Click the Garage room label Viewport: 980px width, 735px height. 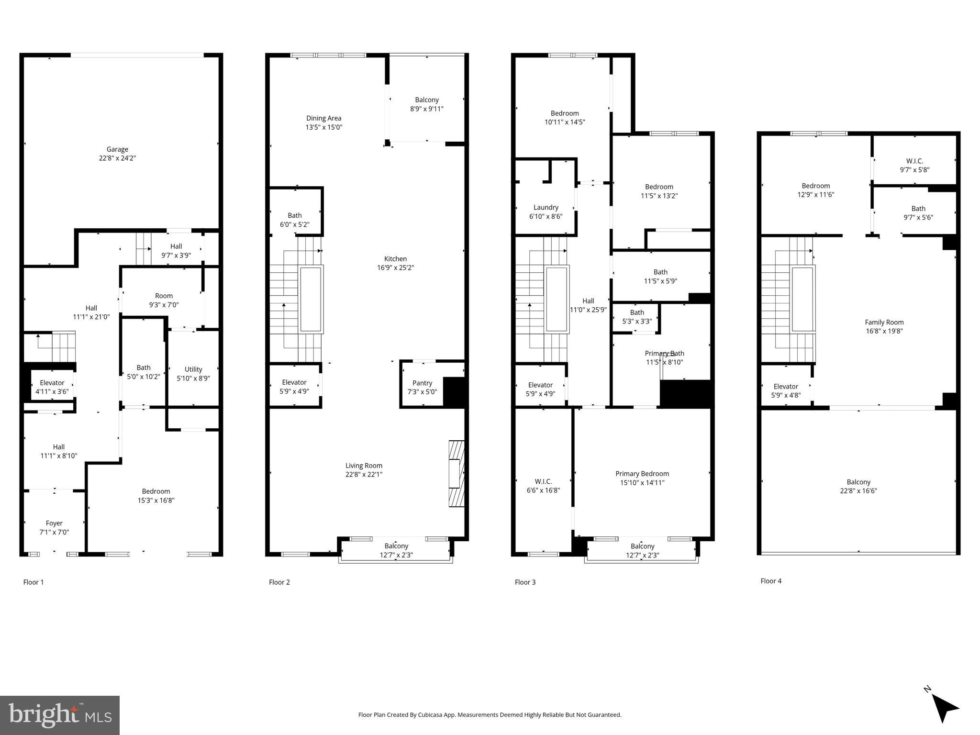[117, 149]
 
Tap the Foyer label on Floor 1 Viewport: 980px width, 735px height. [54, 523]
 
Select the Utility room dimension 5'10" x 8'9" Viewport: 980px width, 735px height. [193, 378]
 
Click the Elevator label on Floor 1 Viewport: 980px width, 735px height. [52, 383]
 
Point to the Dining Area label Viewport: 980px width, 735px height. [324, 118]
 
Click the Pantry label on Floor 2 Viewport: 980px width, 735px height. [422, 383]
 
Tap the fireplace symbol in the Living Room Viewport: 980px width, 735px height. [456, 473]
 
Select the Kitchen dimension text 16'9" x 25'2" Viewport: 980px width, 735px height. [395, 268]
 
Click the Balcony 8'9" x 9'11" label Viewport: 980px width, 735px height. [426, 100]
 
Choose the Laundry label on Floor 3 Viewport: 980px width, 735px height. [546, 207]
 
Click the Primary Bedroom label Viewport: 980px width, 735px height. [642, 474]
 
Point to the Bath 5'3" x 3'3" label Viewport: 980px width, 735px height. [637, 312]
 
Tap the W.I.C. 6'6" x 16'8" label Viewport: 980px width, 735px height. [543, 481]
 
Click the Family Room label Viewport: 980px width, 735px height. [884, 322]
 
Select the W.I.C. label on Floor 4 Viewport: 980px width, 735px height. [914, 161]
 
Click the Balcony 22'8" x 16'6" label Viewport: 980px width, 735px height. [858, 482]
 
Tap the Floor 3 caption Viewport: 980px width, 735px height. [525, 582]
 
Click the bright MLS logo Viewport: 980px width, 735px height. [59, 715]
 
